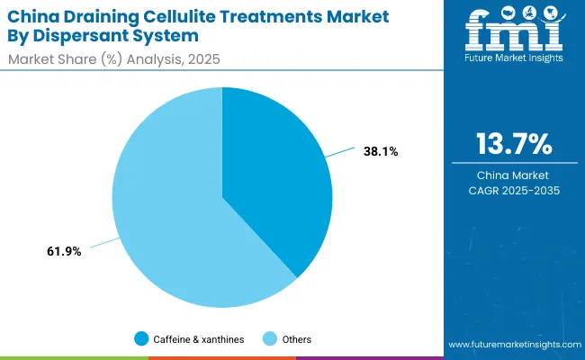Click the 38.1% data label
point(381,152)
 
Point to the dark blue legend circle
point(141,339)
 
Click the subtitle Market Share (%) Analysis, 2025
point(115,60)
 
